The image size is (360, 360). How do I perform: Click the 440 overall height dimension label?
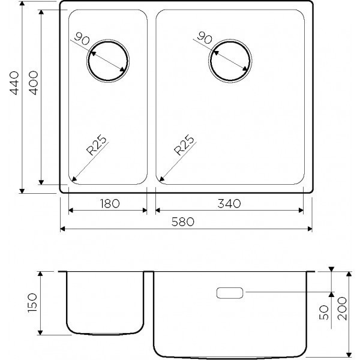tap(14, 83)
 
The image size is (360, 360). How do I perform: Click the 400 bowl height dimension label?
tap(34, 83)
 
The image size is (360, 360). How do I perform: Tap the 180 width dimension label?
tap(110, 203)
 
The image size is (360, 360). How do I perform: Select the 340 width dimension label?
tap(229, 203)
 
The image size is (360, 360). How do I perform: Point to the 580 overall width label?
tap(183, 222)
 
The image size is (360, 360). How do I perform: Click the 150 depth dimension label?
tap(32, 302)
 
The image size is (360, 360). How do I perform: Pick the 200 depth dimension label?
tap(342, 308)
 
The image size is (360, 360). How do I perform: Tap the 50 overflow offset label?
tap(324, 312)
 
